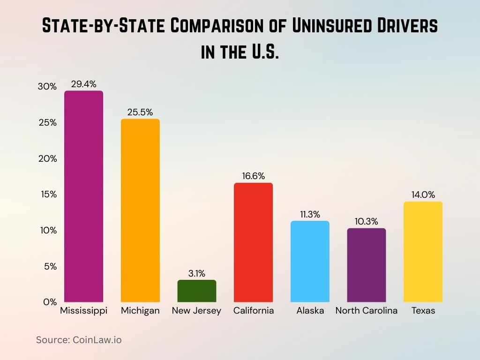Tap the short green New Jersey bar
(x=197, y=291)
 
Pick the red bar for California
(x=253, y=242)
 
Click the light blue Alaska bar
(x=310, y=261)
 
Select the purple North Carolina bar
(x=367, y=265)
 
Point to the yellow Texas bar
(x=423, y=252)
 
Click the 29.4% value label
(x=83, y=84)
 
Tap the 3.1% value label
(x=197, y=274)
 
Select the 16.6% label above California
(x=253, y=176)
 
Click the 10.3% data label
(x=367, y=222)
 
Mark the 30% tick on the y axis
(x=47, y=87)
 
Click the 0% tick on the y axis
(x=50, y=302)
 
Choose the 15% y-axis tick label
(x=47, y=195)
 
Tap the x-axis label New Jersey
(x=196, y=311)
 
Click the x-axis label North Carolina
(x=366, y=311)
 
